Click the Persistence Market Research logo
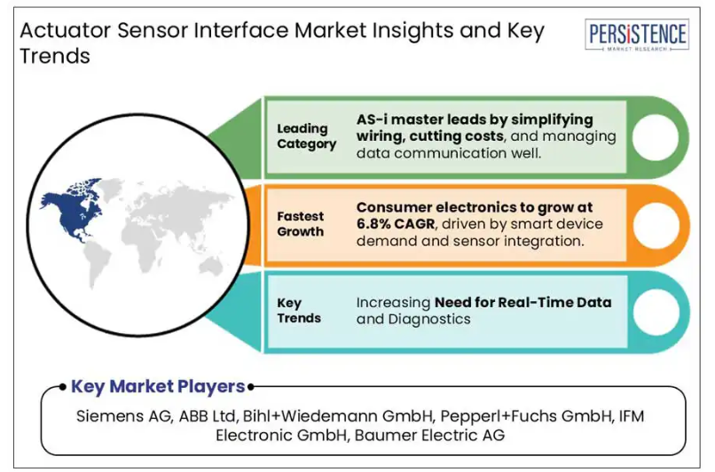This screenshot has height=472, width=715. point(637,35)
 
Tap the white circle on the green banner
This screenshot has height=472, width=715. point(656,137)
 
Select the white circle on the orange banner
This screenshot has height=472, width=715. point(656,226)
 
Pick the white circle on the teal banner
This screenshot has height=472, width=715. point(656,313)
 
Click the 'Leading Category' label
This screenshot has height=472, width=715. point(306,136)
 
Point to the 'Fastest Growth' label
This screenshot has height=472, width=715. point(301,224)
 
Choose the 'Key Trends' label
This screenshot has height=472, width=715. point(299,311)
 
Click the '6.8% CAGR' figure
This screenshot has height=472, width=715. point(396,224)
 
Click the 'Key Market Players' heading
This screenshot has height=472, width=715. point(158,386)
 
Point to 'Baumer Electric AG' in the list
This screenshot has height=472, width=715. point(429,435)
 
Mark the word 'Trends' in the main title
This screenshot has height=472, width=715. point(55,56)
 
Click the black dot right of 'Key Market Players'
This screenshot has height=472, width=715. point(250,387)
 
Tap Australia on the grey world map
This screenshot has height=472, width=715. point(211,265)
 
